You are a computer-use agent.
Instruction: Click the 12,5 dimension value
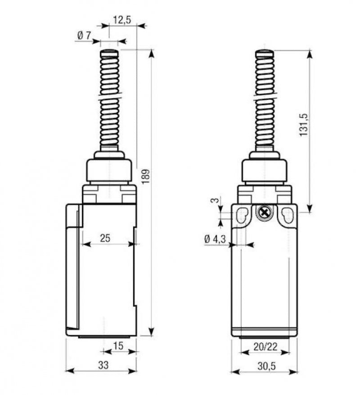122,20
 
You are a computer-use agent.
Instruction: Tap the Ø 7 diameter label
84,36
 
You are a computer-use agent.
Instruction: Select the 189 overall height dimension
145,177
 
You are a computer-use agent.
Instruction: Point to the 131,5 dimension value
304,125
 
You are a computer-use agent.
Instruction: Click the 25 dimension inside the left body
105,238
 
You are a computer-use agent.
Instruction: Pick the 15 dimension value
118,346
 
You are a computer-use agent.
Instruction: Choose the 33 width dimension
103,365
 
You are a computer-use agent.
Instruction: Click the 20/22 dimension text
265,347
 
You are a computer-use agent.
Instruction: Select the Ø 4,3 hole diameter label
215,239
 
